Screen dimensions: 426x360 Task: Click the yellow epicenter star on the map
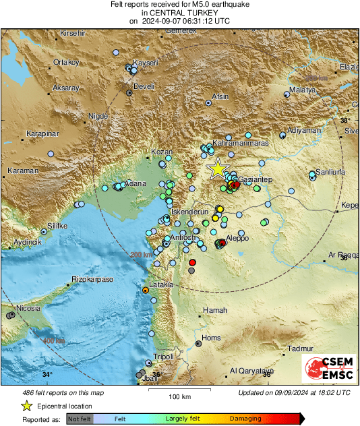tap(218, 169)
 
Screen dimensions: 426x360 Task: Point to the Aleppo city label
tap(237, 238)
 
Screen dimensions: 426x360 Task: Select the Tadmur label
tap(301, 348)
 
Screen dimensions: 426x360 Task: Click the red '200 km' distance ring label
tap(141, 255)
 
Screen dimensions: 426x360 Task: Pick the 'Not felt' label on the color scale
tap(81, 419)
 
